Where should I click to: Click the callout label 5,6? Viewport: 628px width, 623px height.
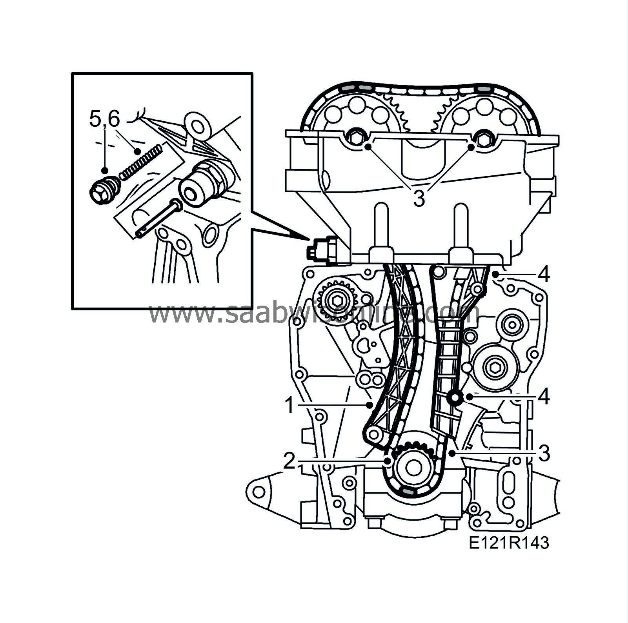coord(104,119)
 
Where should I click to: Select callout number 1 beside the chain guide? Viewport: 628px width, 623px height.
coord(289,406)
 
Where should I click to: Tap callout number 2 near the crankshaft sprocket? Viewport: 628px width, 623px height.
coord(289,462)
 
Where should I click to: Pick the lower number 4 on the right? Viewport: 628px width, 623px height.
coord(544,397)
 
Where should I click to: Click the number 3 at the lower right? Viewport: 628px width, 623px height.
coord(544,454)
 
